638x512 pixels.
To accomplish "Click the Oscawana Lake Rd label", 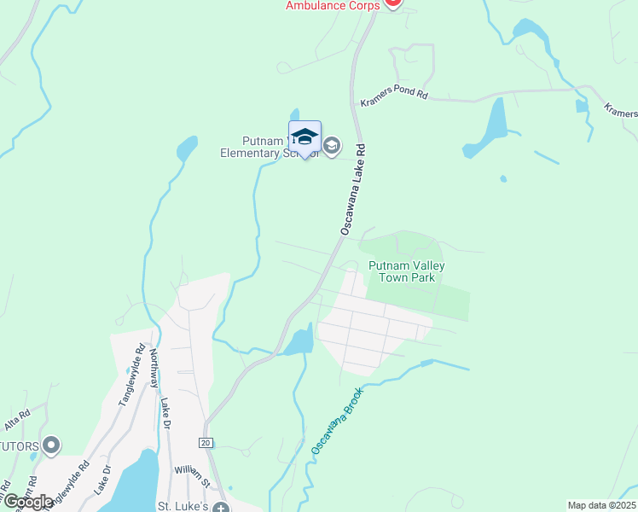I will pyautogui.click(x=352, y=189).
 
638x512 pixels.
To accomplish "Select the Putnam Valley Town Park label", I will pyautogui.click(x=407, y=271).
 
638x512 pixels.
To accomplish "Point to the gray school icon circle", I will pyautogui.click(x=332, y=147).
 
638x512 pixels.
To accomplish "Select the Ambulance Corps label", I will pyautogui.click(x=333, y=6).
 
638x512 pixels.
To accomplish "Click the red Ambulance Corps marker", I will pyautogui.click(x=392, y=3).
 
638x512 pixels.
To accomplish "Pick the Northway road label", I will pyautogui.click(x=154, y=369).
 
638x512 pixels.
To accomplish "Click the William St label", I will pyautogui.click(x=192, y=470).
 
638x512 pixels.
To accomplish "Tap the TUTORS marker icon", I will pyautogui.click(x=51, y=445).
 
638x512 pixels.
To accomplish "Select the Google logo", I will pyautogui.click(x=28, y=502).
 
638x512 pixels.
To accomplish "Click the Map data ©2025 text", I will pyautogui.click(x=602, y=505).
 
